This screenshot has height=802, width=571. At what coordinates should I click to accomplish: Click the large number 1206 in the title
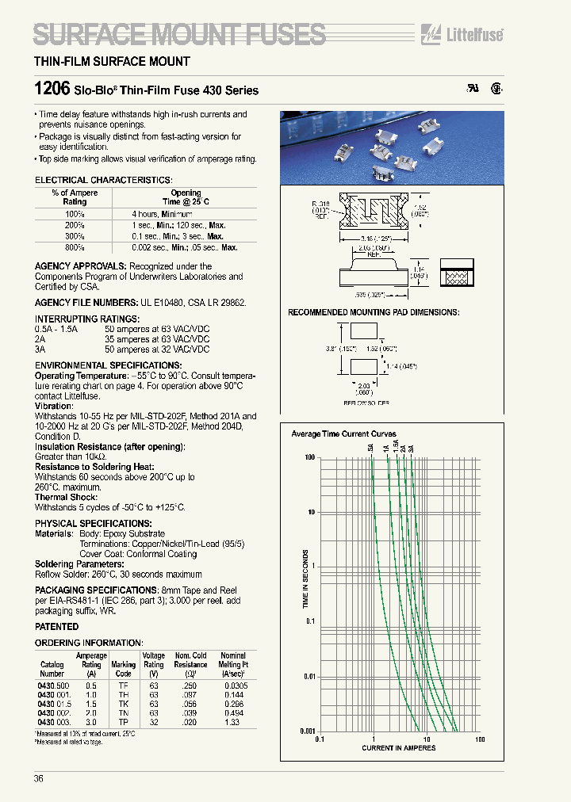coord(52,90)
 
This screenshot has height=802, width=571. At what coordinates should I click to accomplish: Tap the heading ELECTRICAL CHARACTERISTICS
coord(103,181)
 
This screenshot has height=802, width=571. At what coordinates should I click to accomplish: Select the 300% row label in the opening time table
coord(75,236)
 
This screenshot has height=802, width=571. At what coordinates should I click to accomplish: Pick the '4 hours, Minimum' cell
coord(162,214)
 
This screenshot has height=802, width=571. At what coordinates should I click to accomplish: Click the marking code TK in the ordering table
coord(123,704)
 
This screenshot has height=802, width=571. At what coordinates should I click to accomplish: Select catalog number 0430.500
coord(53,685)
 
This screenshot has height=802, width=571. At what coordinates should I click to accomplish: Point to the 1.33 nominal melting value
coord(233,723)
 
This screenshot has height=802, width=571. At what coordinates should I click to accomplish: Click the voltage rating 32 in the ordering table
coord(153,723)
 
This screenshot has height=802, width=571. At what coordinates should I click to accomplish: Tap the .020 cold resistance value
coord(189,723)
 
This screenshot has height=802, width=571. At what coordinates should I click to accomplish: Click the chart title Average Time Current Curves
coord(343,434)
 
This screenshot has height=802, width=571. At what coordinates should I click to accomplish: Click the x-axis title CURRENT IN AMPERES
coord(398,748)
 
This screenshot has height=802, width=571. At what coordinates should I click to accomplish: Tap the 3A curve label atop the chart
coord(411,449)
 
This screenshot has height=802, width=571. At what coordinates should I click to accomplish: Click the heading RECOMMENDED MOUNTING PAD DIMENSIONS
coord(373,312)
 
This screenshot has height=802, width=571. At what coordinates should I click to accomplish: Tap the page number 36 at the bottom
coord(39,778)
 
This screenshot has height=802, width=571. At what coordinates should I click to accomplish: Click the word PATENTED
coord(56,626)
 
